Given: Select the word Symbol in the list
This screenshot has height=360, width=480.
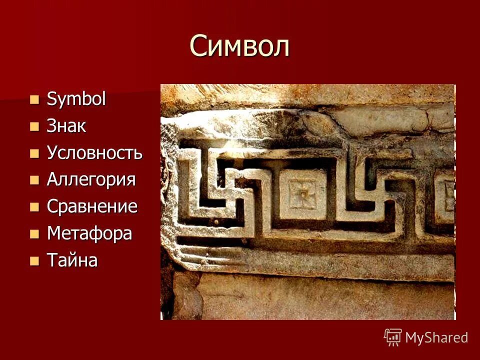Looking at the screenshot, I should (76, 99).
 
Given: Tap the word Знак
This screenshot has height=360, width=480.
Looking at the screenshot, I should (66, 126).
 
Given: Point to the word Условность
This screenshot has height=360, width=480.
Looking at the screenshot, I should (94, 153).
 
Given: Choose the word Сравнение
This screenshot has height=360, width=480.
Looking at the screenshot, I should (92, 207).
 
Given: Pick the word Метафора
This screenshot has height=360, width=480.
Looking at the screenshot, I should (89, 233).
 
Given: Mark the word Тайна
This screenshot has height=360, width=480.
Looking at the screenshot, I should (72, 260).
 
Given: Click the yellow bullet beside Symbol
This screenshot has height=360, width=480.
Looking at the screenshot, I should (34, 99).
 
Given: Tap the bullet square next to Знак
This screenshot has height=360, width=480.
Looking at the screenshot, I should (34, 126).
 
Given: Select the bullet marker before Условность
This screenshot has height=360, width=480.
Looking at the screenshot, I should (34, 153).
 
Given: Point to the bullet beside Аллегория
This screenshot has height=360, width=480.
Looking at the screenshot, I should (34, 180).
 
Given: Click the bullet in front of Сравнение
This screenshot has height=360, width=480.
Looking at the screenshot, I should (34, 207).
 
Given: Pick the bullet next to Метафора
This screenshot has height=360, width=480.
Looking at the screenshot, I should (34, 233).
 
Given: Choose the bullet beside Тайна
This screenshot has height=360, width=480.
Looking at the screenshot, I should (34, 260).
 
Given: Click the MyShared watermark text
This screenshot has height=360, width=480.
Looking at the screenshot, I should (436, 337).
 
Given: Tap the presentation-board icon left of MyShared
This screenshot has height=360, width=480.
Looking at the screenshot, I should (393, 337).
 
